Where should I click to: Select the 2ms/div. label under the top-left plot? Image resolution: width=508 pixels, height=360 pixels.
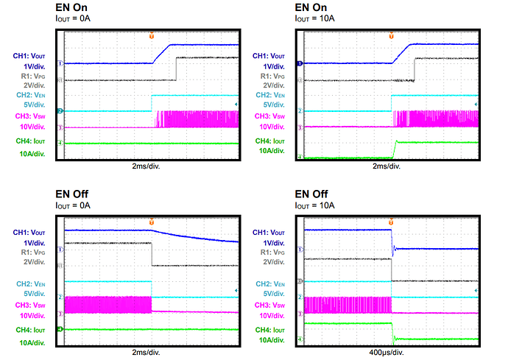coord(152,166)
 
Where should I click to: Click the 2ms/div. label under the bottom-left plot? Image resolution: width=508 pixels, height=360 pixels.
coord(152,352)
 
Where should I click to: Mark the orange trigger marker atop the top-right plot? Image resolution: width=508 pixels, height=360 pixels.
coord(392,34)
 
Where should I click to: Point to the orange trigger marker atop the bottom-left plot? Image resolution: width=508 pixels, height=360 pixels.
coord(152,221)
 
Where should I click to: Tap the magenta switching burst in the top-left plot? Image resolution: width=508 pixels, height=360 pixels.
coord(197,118)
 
